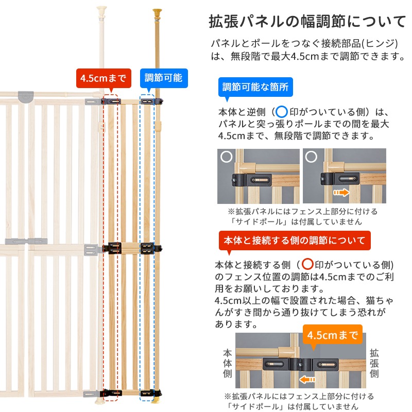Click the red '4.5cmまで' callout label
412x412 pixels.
104,78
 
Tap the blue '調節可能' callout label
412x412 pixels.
164,78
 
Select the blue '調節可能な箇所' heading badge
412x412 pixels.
255,87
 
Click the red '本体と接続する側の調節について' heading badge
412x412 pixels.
295,241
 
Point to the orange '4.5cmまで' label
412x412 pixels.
333,334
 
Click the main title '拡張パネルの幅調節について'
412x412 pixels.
307,22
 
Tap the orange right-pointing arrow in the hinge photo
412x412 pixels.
341,193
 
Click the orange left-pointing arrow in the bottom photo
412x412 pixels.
307,380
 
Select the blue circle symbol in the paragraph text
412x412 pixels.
282,112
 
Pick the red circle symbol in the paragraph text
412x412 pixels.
307,264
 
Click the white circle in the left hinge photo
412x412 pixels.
226,157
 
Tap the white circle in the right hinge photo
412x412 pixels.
311,157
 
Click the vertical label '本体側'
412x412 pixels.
228,364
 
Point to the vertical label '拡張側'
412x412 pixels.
374,364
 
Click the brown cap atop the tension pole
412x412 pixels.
157,12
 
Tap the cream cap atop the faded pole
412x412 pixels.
101,10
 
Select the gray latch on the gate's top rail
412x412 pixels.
26,96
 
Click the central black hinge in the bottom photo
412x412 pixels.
301,365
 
